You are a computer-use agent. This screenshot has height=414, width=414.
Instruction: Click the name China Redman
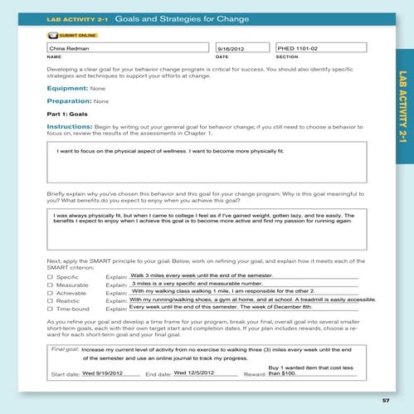tap(64, 49)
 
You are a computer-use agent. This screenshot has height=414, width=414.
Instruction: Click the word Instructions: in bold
tap(74, 126)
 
